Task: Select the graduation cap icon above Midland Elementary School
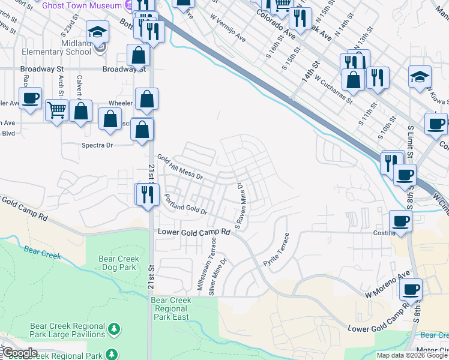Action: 97,32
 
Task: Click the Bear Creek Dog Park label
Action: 118,263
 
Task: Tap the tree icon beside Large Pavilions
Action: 112,329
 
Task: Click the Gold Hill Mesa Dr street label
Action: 181,168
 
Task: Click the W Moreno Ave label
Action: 387,284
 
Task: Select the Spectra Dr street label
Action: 97,145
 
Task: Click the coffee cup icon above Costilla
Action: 400,221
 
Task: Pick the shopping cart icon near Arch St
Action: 56,110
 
